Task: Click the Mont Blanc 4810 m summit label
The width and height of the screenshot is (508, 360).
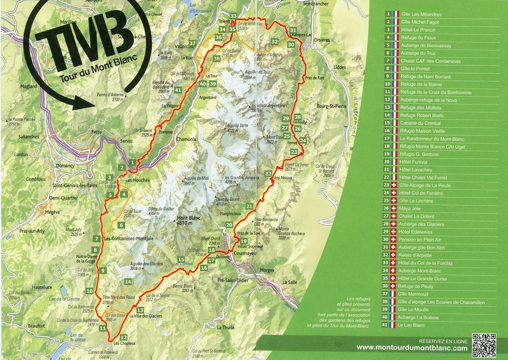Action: point(189,223)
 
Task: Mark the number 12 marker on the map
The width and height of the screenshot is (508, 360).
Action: point(123,337)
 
